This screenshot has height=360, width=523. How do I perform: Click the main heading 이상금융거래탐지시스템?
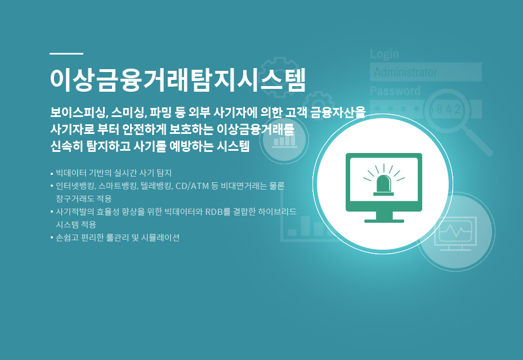pos(178,80)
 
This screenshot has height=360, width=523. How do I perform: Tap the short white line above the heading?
pos(66,53)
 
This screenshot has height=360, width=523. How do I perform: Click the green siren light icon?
pos(383,179)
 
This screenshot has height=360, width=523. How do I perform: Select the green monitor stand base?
pos(384,220)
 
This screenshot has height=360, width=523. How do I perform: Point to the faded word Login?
pos(385,55)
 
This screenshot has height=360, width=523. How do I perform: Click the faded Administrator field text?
pos(405,72)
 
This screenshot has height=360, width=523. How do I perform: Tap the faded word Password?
pos(395,91)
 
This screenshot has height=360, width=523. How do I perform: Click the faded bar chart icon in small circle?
pos(284,140)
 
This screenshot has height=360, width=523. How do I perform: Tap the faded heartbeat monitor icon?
pos(455,233)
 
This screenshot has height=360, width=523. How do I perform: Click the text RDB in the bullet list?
pos(214,211)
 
